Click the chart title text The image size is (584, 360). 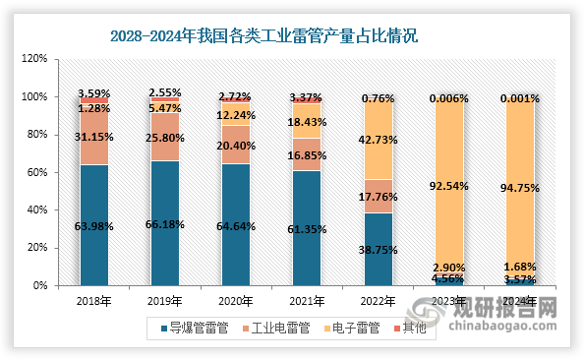[x=263, y=36]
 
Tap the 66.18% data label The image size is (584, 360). [x=165, y=225]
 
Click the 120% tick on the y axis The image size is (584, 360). [x=33, y=59]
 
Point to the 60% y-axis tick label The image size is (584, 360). [x=36, y=173]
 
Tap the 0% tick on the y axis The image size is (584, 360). [x=39, y=286]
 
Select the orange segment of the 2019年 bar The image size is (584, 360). [x=165, y=138]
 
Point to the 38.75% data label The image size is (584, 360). [x=378, y=252]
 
